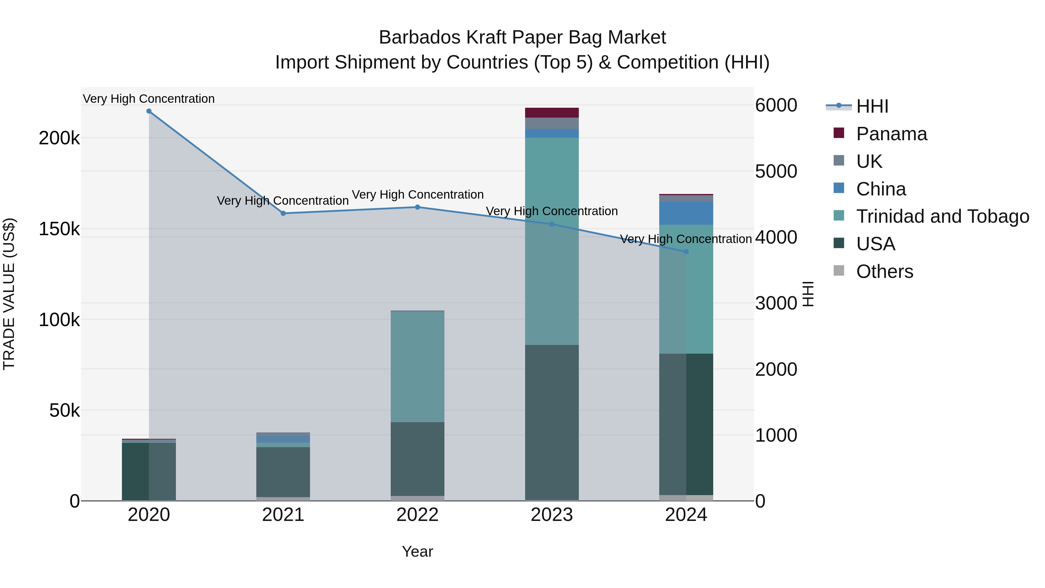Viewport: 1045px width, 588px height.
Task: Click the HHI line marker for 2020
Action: pos(149,111)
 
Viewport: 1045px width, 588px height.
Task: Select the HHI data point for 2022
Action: pos(417,207)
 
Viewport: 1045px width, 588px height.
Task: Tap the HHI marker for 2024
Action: pos(686,251)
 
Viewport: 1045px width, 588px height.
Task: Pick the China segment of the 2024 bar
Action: pos(686,213)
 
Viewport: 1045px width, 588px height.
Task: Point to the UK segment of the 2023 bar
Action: pos(552,123)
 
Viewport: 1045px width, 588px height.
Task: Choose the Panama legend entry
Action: pos(891,134)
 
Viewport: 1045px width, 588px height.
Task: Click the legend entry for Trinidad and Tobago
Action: pos(942,216)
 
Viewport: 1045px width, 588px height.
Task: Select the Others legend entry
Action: pos(884,271)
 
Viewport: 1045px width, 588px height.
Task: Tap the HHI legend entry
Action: pos(872,106)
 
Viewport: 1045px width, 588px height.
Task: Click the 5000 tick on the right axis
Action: pos(776,171)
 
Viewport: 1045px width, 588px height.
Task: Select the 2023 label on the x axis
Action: pos(552,515)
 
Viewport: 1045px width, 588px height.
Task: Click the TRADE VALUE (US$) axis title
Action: pos(9,294)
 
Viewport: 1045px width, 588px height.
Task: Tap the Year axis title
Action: pos(417,551)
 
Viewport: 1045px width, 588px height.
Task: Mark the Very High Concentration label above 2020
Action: pos(149,99)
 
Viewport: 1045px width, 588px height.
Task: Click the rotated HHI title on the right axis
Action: pos(808,294)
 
